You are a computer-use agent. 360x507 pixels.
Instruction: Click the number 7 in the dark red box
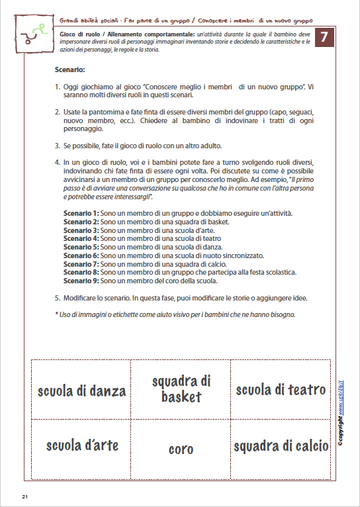click(324, 38)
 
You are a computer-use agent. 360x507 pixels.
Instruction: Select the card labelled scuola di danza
click(81, 391)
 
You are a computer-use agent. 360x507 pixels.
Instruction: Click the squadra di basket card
click(181, 389)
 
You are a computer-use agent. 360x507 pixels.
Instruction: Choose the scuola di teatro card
click(281, 390)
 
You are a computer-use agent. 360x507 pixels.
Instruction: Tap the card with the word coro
click(181, 449)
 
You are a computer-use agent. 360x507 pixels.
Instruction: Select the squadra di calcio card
click(281, 446)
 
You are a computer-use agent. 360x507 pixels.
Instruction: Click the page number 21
click(24, 496)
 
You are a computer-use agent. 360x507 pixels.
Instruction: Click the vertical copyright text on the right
click(340, 417)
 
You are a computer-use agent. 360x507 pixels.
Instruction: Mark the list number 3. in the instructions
click(58, 146)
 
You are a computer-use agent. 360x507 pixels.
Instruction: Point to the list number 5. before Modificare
click(58, 297)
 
